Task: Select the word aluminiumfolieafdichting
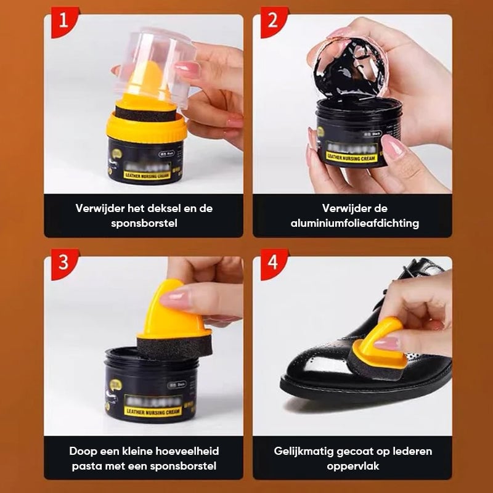coord(354,223)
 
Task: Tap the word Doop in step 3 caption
coord(83,451)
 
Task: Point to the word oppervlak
coord(352,466)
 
